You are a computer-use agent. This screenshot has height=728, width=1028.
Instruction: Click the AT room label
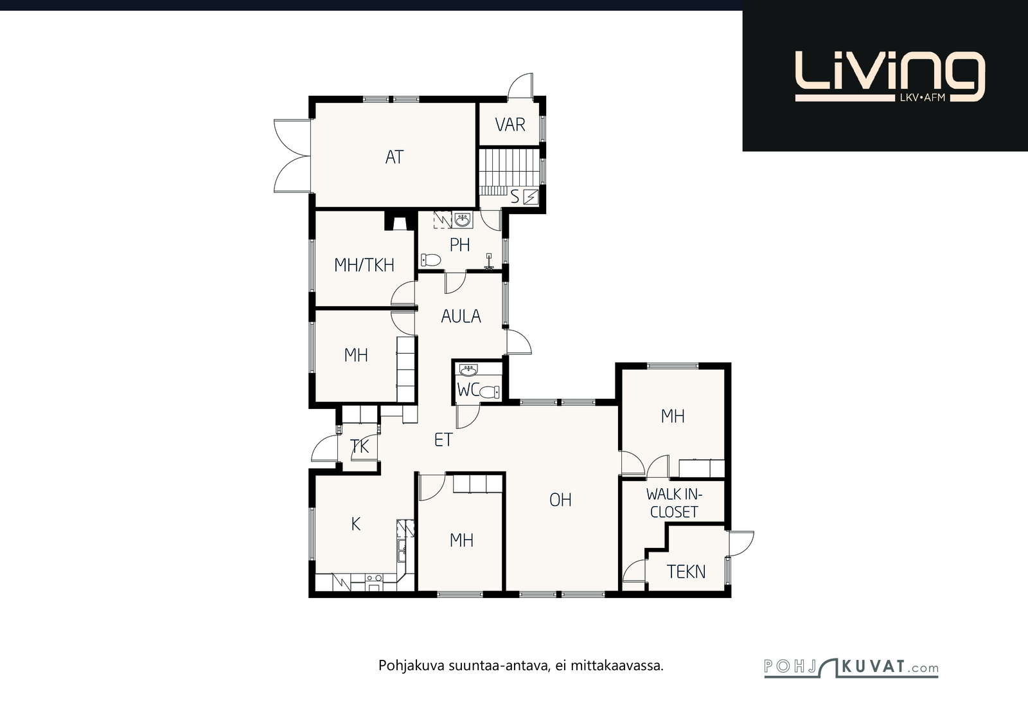pos(394,157)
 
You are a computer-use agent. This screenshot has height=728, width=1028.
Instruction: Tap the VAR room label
pos(510,125)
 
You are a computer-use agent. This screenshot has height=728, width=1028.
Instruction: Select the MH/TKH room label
pos(364,265)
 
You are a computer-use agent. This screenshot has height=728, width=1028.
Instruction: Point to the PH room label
pos(460,245)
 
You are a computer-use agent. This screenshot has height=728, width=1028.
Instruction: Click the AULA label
pos(461,316)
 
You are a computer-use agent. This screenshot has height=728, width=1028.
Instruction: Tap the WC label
pos(468,390)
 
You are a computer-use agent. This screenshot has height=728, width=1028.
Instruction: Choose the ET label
pos(443,439)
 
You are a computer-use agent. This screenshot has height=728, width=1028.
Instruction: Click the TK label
pos(359,446)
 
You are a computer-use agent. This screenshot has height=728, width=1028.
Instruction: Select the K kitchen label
pos(356,523)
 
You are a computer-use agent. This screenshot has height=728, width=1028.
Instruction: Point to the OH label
pos(560,500)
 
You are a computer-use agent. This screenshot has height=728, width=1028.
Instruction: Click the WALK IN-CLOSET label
pos(674,503)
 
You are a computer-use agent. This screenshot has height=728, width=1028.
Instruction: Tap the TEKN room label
pos(686,571)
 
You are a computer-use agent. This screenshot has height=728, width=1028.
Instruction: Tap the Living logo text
pos(890,77)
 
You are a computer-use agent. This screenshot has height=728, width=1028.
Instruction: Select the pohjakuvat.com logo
pos(851,668)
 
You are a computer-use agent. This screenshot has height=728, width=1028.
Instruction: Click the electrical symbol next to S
pos(531,197)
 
